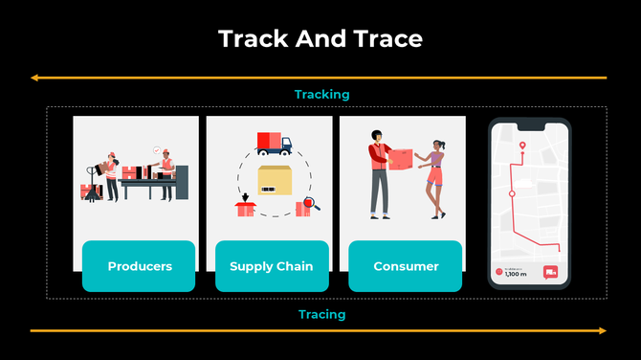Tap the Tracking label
(321, 94)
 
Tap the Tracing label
(321, 314)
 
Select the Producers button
(140, 266)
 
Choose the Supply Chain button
(272, 266)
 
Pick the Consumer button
(406, 266)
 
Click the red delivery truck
(274, 144)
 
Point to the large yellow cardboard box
(275, 181)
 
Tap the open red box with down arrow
(246, 206)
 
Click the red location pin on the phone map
(522, 146)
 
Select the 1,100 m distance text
(516, 274)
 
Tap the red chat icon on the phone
(551, 273)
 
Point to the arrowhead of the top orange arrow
(33, 77)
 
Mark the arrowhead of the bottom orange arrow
(602, 331)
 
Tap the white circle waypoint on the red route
(512, 193)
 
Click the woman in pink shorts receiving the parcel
(435, 177)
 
